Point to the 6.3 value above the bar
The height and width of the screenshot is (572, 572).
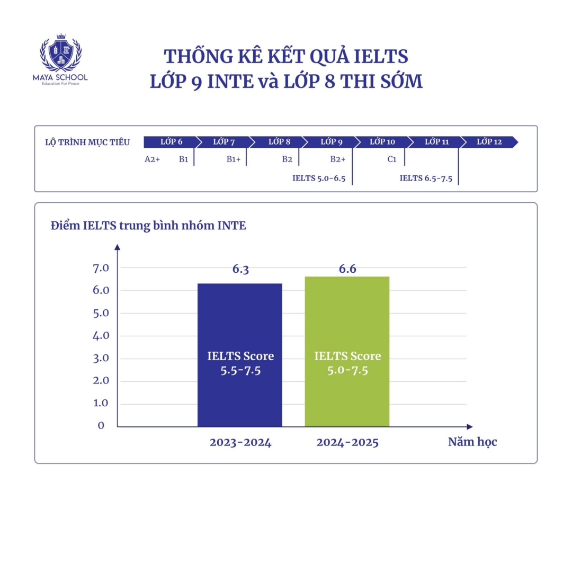tap(240, 270)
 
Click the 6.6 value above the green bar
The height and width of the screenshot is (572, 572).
tap(347, 270)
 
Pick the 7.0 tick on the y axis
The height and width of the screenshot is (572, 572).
tap(101, 268)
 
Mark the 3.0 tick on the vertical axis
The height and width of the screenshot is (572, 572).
tap(101, 358)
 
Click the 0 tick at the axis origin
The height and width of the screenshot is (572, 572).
tap(101, 425)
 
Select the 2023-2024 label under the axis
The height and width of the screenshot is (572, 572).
tap(240, 443)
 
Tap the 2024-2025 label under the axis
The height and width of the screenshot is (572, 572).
tap(347, 443)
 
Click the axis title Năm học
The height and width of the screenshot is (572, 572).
tap(472, 442)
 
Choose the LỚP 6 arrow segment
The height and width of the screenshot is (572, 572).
tap(171, 142)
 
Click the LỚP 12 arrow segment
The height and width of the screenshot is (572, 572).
tap(488, 142)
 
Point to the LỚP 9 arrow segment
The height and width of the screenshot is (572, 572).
tap(331, 142)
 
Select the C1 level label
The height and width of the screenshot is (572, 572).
tap(392, 159)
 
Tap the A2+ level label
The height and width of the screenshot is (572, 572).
tap(153, 159)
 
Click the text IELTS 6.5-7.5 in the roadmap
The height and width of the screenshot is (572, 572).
tap(426, 178)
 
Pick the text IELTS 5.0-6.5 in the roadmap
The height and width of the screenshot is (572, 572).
tap(319, 178)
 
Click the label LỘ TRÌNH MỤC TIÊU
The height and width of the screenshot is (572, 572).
tap(87, 142)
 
